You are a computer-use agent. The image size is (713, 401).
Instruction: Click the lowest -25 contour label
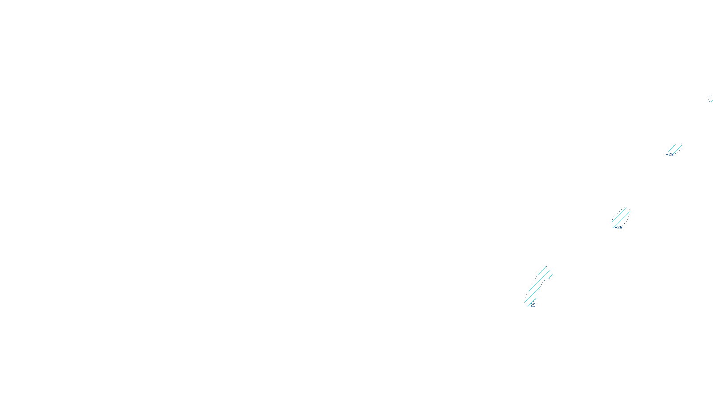(533, 305)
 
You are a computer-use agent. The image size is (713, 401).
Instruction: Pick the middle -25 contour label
(620, 227)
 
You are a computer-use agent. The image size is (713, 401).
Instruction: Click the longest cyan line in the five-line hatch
(539, 281)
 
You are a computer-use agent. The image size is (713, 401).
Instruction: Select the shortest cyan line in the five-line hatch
(551, 276)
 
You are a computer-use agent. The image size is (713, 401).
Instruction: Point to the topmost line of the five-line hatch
(542, 270)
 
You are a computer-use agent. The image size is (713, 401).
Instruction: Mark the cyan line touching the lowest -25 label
(532, 302)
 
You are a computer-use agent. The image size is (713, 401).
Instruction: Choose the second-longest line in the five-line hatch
(533, 295)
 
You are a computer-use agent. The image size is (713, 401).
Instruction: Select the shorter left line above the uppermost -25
(672, 148)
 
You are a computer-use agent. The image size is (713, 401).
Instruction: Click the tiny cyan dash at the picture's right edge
(711, 99)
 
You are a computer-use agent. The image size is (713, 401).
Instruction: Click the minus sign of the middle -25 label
(616, 227)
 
